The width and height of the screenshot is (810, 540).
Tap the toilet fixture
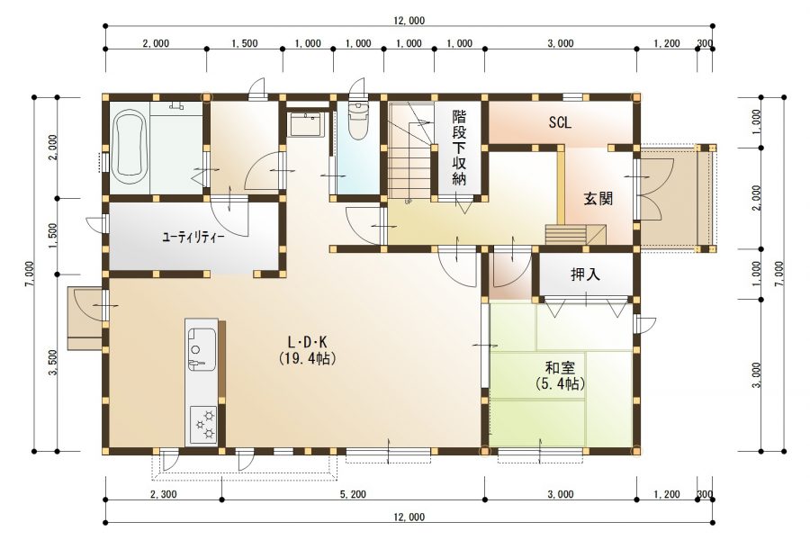coord(357,121)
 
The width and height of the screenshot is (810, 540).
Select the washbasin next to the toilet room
coord(306,124)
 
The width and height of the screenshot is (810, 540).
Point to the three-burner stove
coord(204,424)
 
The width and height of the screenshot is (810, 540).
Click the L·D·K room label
coord(308,342)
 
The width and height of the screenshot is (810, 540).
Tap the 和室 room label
coord(560,368)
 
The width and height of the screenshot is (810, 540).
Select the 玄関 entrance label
coord(598,198)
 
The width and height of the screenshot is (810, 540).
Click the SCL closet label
coord(560,122)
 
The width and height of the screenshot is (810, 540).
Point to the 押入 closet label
coord(585,274)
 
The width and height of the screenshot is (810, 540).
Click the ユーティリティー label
coord(193,238)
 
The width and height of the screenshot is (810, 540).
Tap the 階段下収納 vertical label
coord(459,148)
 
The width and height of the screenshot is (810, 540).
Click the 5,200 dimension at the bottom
coord(353,494)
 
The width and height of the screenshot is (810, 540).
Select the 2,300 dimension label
coord(163,494)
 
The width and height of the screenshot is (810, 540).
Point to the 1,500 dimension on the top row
coord(244,43)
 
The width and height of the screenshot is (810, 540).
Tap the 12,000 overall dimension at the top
coord(409,21)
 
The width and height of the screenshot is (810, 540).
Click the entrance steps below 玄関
coord(576,234)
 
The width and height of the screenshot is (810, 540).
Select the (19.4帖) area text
coord(308,357)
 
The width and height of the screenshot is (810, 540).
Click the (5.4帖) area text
coord(560,383)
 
